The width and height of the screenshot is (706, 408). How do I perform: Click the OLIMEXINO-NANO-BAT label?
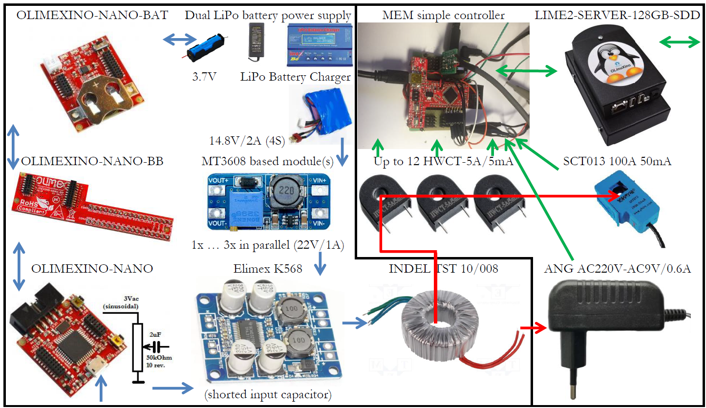tap(92, 15)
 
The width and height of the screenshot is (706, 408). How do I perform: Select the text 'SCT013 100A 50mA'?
tap(617, 161)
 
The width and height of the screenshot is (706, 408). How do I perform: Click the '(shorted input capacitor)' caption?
tap(268, 394)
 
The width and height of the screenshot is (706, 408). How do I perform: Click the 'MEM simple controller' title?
tap(444, 15)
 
